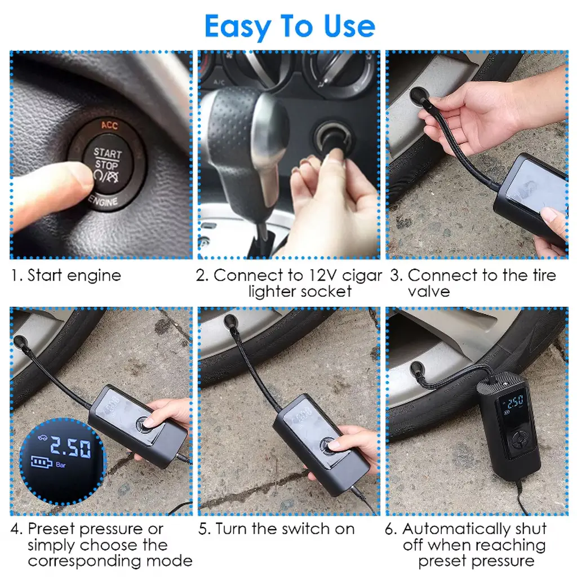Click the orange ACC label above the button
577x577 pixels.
110,125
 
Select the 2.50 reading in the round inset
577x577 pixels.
70,446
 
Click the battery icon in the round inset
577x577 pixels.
41,461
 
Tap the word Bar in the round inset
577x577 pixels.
61,465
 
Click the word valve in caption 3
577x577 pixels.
429,291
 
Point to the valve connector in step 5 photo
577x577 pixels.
230,321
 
